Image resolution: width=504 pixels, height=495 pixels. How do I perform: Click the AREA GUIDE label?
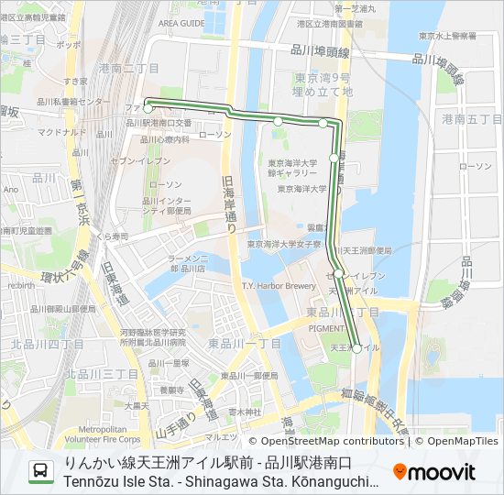pyautogui.click(x=181, y=23)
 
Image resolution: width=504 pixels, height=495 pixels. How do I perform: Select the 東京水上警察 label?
pyautogui.click(x=447, y=37)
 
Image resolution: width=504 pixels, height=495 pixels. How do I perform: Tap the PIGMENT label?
pyautogui.click(x=327, y=326)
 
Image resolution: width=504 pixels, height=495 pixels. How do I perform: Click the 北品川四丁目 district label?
pyautogui.click(x=48, y=344)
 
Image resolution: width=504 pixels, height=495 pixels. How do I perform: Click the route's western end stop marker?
pyautogui.click(x=148, y=108)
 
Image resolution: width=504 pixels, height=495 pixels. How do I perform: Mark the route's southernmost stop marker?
pyautogui.click(x=356, y=348)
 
